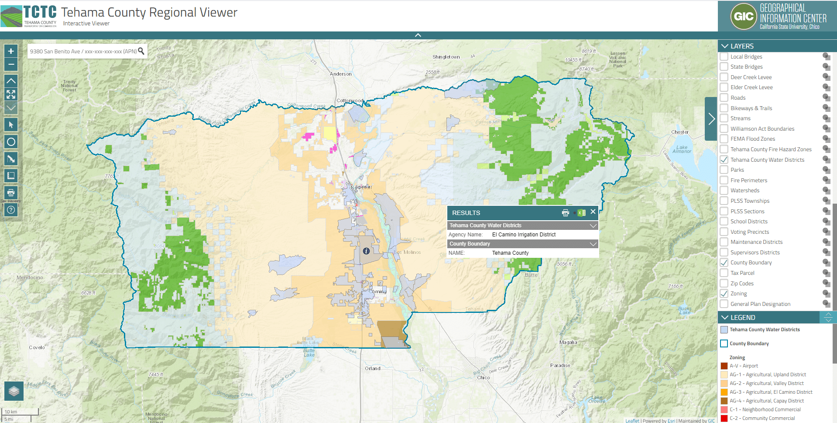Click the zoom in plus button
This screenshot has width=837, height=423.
pyautogui.click(x=11, y=51)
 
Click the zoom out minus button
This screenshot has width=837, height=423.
pyautogui.click(x=11, y=65)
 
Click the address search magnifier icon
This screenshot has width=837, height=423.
pyautogui.click(x=141, y=51)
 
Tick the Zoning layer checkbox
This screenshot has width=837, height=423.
pyautogui.click(x=724, y=294)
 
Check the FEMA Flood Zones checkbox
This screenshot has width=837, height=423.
pyautogui.click(x=724, y=139)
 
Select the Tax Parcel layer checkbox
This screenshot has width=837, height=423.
pyautogui.click(x=724, y=273)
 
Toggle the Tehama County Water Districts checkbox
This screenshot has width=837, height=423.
pyautogui.click(x=724, y=159)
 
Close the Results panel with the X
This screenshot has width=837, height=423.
pyautogui.click(x=593, y=212)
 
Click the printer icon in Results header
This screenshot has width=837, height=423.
pyautogui.click(x=566, y=213)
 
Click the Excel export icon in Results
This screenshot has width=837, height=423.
pyautogui.click(x=581, y=213)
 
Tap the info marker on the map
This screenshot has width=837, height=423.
pyautogui.click(x=366, y=251)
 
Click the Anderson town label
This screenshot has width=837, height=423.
pyautogui.click(x=340, y=74)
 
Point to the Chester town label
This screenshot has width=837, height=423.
pyautogui.click(x=679, y=132)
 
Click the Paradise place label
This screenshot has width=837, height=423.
pyautogui.click(x=560, y=365)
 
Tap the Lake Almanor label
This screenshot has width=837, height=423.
pyautogui.click(x=682, y=149)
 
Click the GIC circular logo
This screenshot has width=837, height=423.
pyautogui.click(x=743, y=17)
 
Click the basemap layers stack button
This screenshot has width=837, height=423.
pyautogui.click(x=14, y=391)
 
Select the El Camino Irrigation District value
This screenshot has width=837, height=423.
pyautogui.click(x=524, y=235)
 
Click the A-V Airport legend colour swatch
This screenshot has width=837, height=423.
pyautogui.click(x=724, y=366)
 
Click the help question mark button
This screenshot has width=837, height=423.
pyautogui.click(x=11, y=210)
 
